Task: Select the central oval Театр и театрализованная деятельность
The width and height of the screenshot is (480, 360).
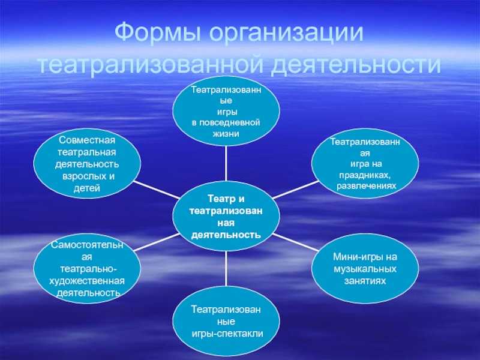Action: click(x=226, y=217)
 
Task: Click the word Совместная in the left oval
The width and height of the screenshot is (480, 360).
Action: click(x=86, y=140)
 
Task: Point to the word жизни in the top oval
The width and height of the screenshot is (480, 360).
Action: click(x=226, y=133)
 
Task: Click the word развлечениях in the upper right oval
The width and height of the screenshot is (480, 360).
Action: click(x=366, y=187)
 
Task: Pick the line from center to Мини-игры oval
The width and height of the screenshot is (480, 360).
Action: click(x=298, y=244)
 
